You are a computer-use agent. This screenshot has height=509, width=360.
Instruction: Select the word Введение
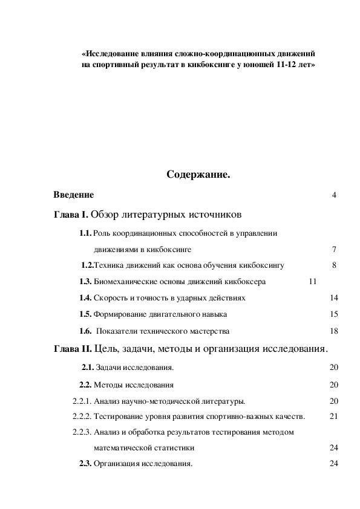[73, 195]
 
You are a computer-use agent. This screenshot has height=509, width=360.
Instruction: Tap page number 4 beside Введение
[334, 195]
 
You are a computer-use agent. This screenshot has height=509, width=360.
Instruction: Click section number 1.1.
[85, 233]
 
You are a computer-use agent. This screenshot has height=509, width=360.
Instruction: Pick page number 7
[334, 249]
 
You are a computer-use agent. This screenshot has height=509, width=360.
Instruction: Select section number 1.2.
[88, 265]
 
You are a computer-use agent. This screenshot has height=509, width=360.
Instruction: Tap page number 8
[334, 265]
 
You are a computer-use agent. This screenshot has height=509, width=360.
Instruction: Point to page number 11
[313, 282]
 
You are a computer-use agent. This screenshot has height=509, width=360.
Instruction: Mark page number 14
[334, 298]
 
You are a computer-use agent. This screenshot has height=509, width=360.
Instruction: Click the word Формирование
[120, 314]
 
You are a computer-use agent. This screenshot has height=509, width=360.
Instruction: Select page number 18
[334, 331]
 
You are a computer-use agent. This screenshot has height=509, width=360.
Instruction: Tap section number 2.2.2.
[82, 416]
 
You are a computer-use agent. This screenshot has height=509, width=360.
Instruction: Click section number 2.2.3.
[82, 432]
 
